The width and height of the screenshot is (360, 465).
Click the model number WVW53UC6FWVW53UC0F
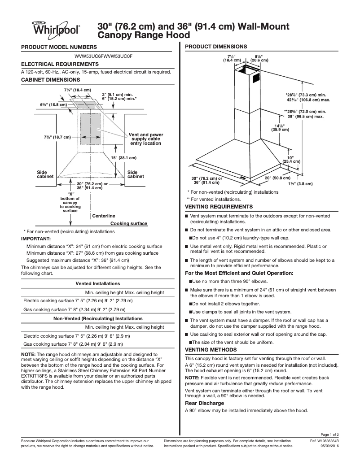pyautogui.click(x=103, y=56)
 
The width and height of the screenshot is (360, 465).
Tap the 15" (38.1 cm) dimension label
pyautogui.click(x=123, y=158)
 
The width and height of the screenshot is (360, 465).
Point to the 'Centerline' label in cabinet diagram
pyautogui.click(x=104, y=216)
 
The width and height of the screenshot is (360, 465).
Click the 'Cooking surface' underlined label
pyautogui.click(x=129, y=223)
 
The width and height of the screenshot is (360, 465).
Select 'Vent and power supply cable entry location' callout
pyautogui.click(x=145, y=139)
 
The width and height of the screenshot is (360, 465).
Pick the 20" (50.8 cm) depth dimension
pyautogui.click(x=277, y=178)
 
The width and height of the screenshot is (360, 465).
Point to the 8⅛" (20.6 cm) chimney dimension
pyautogui.click(x=259, y=58)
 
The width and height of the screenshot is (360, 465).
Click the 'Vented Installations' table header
pyautogui.click(x=97, y=283)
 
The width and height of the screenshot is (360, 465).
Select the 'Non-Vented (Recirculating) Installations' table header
pyautogui.click(x=98, y=318)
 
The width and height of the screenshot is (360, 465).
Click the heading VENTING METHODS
pyautogui.click(x=211, y=349)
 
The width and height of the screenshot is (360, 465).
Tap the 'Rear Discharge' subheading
pyautogui.click(x=205, y=403)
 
